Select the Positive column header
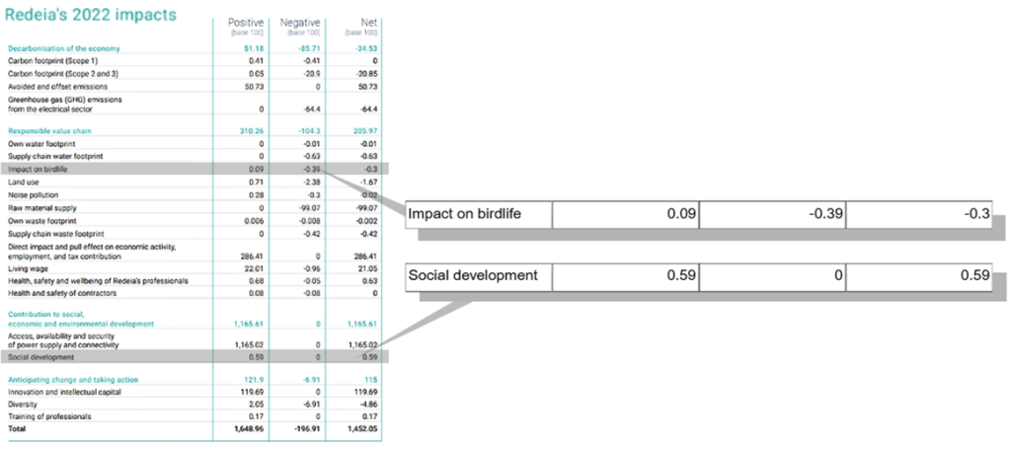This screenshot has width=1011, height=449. click(246, 21)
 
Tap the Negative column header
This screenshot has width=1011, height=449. click(300, 21)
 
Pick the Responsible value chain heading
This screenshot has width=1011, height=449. click(47, 131)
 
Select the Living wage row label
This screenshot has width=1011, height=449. click(28, 267)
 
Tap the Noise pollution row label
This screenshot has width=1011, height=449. click(35, 195)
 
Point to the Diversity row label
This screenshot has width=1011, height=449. click(24, 405)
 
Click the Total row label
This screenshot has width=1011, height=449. click(18, 429)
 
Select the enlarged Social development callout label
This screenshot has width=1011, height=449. click(473, 276)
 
